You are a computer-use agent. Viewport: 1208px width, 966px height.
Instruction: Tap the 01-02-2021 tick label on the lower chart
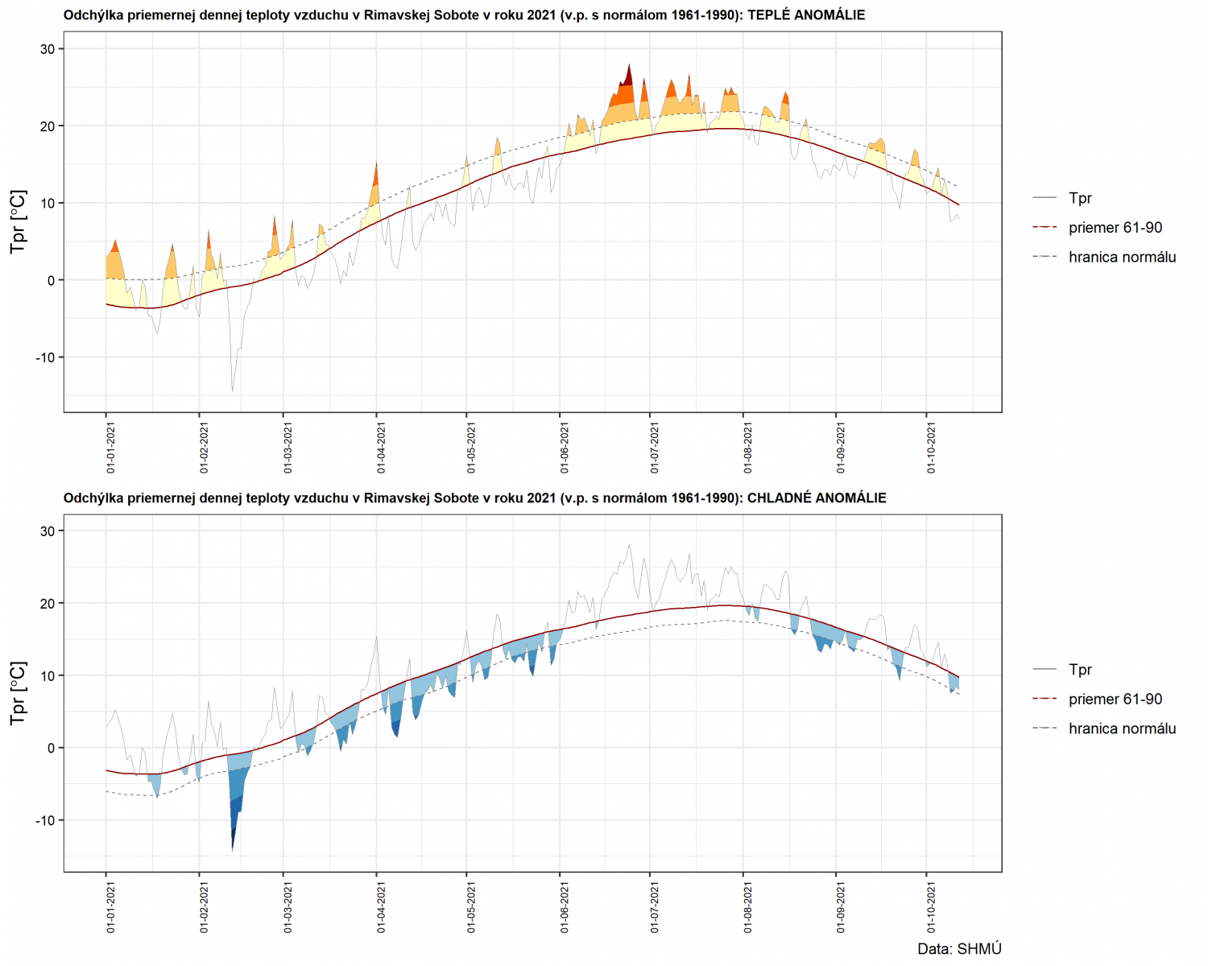[x=205, y=908]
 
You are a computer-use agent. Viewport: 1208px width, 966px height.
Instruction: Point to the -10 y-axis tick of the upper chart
[x=44, y=357]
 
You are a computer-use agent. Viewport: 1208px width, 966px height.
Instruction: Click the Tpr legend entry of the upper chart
[x=1080, y=198]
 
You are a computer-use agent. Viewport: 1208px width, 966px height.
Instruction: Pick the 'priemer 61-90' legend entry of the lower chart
[x=1115, y=699]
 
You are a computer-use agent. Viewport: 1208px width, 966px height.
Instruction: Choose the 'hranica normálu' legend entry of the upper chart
[x=1122, y=257]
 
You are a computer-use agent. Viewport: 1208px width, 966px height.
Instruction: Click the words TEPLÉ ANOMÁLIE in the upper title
[x=806, y=14]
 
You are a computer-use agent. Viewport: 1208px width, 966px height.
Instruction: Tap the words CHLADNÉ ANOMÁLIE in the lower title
[x=817, y=497]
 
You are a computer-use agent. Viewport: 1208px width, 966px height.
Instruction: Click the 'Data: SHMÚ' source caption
[x=959, y=949]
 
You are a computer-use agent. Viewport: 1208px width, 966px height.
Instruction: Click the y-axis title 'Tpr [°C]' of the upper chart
[x=18, y=221]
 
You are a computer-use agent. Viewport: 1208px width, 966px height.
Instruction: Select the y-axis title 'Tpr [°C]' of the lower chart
[x=18, y=693]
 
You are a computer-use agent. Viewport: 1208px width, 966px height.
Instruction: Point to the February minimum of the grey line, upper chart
[x=233, y=390]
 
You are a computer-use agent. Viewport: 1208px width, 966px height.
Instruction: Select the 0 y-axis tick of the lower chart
[x=52, y=748]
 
